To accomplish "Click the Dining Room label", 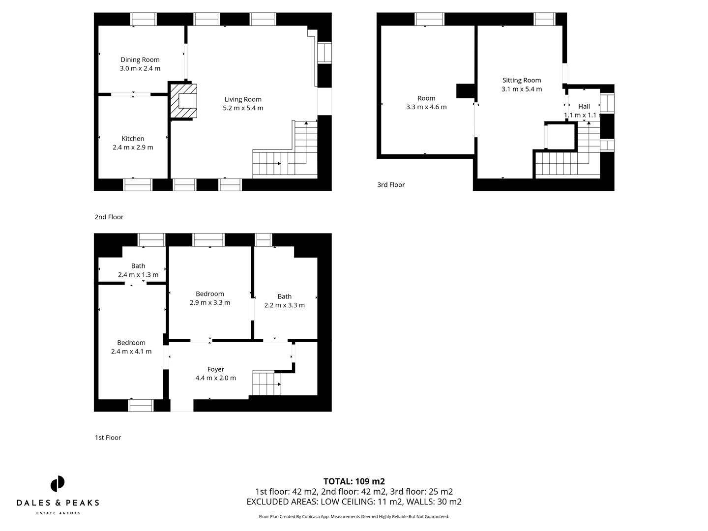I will click(x=140, y=60).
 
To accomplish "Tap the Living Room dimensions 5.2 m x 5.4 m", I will click(x=243, y=108).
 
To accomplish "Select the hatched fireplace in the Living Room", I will click(x=183, y=101).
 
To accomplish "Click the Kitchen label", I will click(x=133, y=139).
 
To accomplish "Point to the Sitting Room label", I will click(x=522, y=80).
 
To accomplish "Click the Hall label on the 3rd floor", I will click(x=584, y=106).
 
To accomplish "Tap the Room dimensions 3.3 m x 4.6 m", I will click(x=426, y=107).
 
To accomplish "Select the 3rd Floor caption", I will click(x=391, y=185).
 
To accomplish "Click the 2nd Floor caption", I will click(x=109, y=217).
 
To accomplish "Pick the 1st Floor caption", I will click(x=108, y=438).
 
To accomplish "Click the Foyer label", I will click(x=215, y=369).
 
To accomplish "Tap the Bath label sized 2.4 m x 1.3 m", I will click(x=138, y=266).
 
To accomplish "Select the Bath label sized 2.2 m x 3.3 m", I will click(x=284, y=296).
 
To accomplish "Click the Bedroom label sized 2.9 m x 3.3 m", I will click(x=210, y=294).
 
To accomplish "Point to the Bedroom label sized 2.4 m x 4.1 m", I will click(x=131, y=343).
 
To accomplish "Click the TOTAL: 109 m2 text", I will click(x=354, y=481).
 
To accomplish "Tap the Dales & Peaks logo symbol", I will click(x=58, y=484).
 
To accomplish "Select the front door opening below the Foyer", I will click(x=181, y=405).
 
